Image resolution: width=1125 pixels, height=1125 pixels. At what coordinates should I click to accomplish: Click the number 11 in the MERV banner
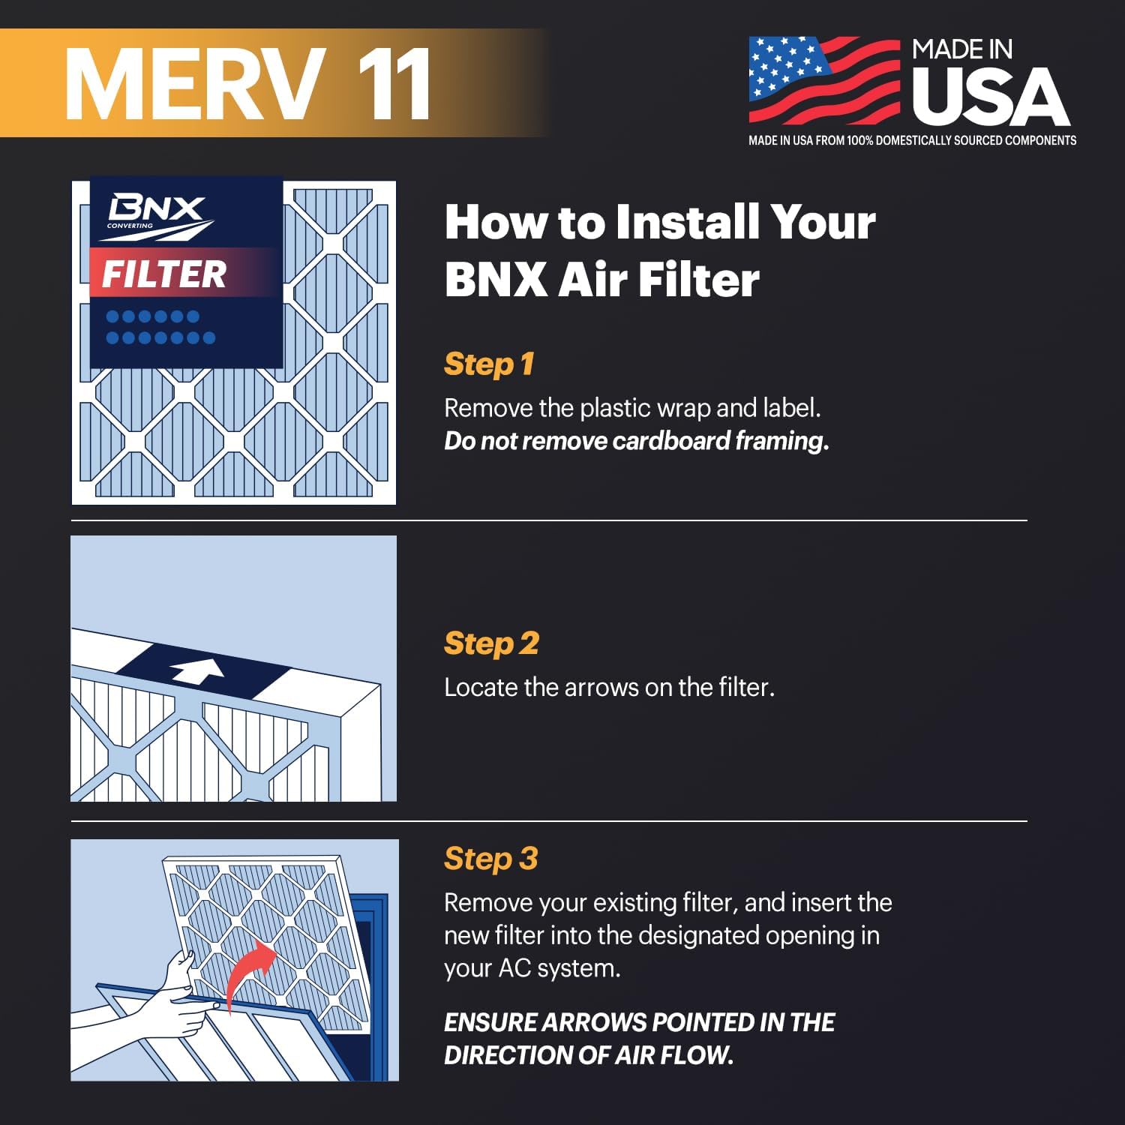[x=394, y=84]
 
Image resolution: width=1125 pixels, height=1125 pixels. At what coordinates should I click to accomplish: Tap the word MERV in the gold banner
[x=195, y=84]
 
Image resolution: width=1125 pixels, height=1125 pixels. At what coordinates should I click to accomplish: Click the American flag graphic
[x=823, y=79]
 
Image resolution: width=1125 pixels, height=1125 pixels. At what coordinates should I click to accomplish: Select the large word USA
[x=990, y=97]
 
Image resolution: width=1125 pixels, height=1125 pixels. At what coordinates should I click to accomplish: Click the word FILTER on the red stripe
[x=164, y=274]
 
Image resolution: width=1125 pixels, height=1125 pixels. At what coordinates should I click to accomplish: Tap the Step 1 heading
[x=489, y=364]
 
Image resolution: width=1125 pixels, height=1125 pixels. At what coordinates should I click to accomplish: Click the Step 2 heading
[x=491, y=643]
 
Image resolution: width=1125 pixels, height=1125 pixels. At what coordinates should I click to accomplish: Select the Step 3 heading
[x=491, y=859]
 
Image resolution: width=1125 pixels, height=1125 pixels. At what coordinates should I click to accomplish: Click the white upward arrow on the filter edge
[x=197, y=670]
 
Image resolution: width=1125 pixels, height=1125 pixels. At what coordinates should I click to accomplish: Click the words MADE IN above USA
[x=962, y=50]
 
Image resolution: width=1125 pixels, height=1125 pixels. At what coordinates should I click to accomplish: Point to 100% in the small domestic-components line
[x=859, y=140]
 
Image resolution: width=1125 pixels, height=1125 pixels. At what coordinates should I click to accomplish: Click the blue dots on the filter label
[x=160, y=327]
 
